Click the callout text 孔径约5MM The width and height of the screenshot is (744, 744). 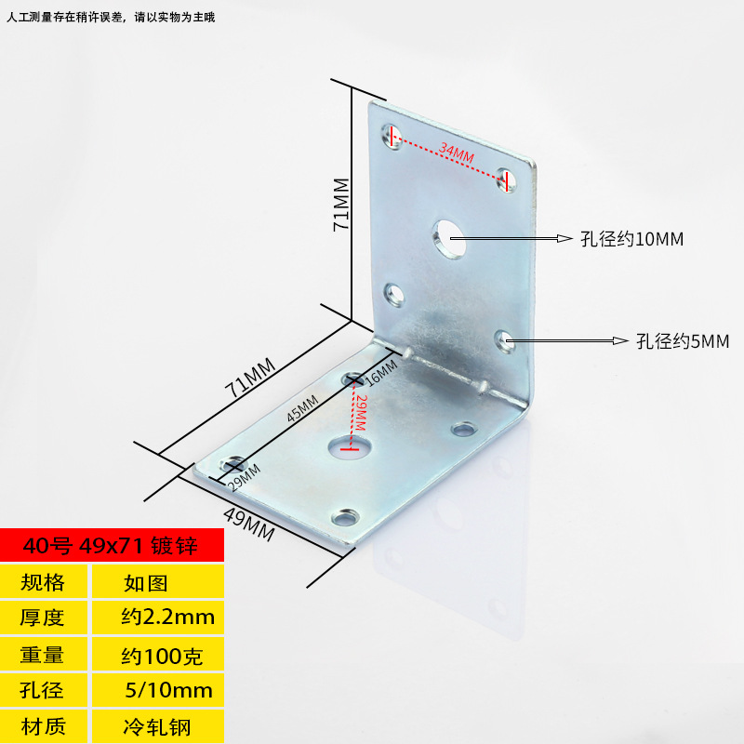tap(683, 341)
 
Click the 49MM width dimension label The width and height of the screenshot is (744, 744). tap(248, 528)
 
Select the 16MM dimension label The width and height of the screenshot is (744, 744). tap(380, 372)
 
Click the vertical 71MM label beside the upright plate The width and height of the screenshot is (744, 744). tap(340, 204)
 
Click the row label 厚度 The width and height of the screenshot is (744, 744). tap(43, 617)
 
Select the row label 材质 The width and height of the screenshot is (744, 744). tap(43, 726)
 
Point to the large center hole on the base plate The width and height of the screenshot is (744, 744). tap(350, 447)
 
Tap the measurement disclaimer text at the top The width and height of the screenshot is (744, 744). tap(112, 17)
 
